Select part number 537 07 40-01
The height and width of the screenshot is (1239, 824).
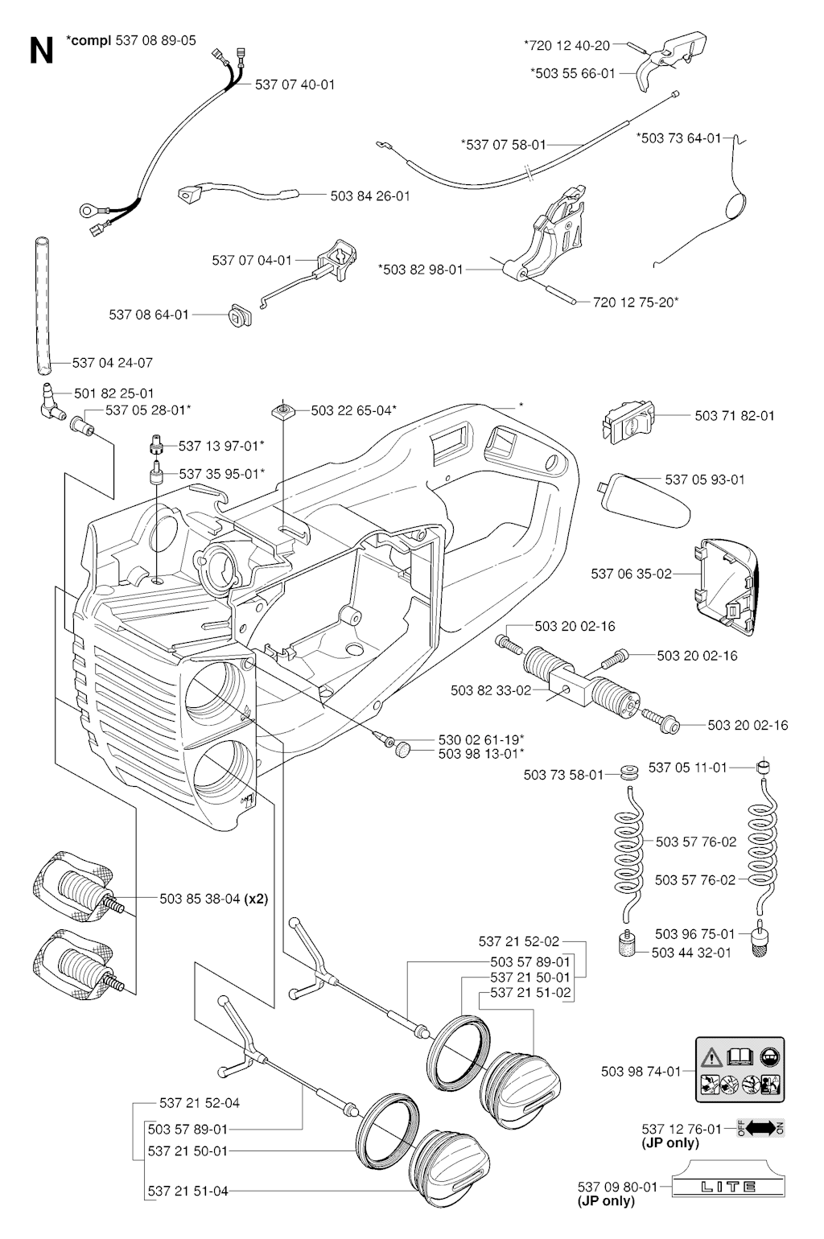pos(295,84)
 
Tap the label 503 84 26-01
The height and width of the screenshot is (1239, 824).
pos(369,196)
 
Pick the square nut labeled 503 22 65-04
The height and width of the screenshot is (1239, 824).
pos(281,410)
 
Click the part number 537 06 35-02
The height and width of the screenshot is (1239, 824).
pos(631,574)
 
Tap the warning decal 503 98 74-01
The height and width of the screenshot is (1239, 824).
pos(740,1069)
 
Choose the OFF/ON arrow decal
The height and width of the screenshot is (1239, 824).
pos(760,1128)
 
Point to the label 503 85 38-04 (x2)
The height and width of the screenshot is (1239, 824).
pos(213,899)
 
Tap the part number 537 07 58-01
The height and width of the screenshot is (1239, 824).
pos(503,145)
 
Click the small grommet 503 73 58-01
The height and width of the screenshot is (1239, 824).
pos(628,774)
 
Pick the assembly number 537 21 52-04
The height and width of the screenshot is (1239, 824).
pos(199,1103)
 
